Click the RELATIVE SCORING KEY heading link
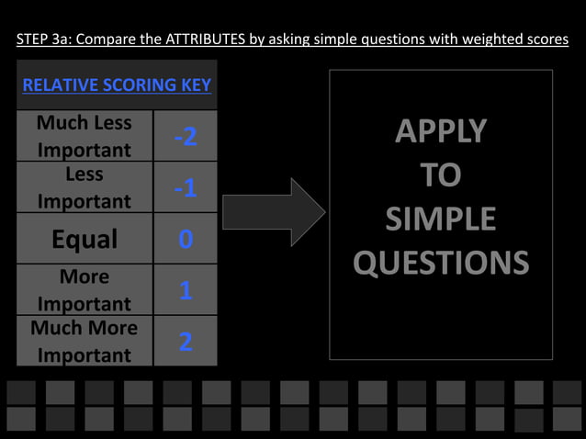pyautogui.click(x=117, y=85)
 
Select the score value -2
pyautogui.click(x=185, y=137)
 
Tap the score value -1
pyautogui.click(x=185, y=188)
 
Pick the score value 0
pyautogui.click(x=186, y=240)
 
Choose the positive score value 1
pyautogui.click(x=186, y=291)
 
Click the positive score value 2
pyautogui.click(x=186, y=342)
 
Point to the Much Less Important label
pyautogui.click(x=85, y=136)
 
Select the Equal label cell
pyautogui.click(x=85, y=240)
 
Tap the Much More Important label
pyautogui.click(x=85, y=341)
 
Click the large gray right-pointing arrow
pyautogui.click(x=274, y=212)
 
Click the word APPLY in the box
pyautogui.click(x=441, y=132)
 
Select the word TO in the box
pyautogui.click(x=441, y=175)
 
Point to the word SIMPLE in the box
pyautogui.click(x=441, y=219)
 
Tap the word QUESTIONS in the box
pyautogui.click(x=441, y=264)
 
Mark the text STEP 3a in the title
pyautogui.click(x=44, y=39)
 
